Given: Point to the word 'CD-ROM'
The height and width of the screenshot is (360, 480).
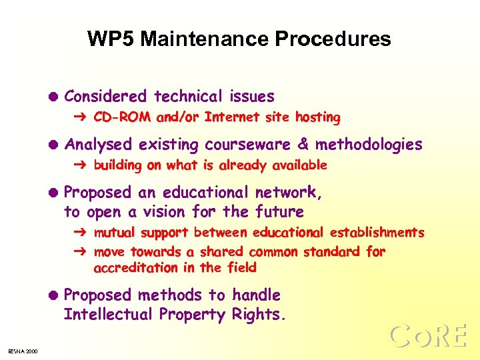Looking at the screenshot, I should [x=122, y=118].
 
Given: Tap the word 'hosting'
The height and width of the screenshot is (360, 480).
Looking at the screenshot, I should [x=317, y=118].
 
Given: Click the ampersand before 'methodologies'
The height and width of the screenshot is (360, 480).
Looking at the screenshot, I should [x=303, y=145].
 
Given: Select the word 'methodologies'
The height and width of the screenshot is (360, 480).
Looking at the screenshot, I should [x=369, y=145].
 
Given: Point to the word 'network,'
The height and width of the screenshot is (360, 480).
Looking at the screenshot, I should [x=289, y=193].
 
